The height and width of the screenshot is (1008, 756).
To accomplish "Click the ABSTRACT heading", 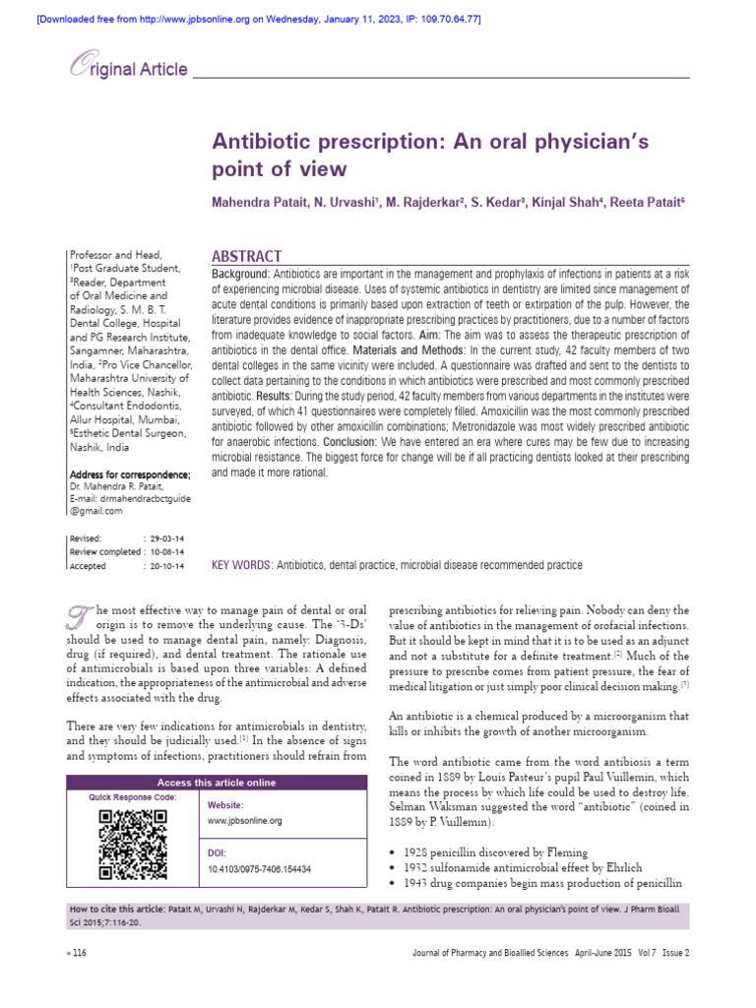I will tap(247, 256).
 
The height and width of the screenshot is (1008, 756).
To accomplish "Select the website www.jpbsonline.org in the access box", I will tap(244, 820).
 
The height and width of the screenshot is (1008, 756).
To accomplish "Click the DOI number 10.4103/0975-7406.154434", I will tap(260, 869).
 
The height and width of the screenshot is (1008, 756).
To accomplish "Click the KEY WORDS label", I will tap(241, 565).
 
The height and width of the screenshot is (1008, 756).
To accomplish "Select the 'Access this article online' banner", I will tap(219, 783).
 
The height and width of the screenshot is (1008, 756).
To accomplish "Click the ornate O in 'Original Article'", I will tap(78, 67).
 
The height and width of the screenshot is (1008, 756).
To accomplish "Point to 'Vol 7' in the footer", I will tap(645, 953).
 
